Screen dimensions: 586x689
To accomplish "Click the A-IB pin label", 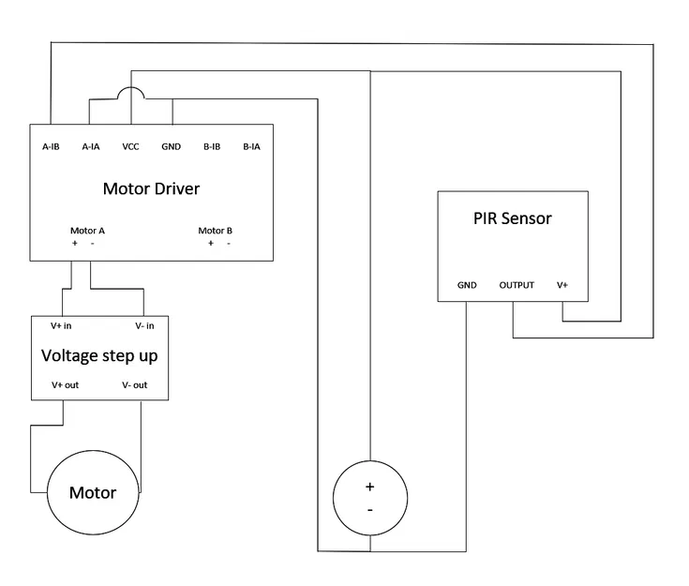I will point(51,146).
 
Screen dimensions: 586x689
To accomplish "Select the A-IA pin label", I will point(91,146).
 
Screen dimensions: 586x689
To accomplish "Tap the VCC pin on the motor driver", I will point(131,146).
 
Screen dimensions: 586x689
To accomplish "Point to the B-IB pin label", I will point(212,146).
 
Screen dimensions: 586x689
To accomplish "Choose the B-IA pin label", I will point(251,146).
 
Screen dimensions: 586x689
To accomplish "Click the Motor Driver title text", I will point(151,188).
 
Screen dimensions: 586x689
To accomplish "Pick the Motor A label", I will point(87,231).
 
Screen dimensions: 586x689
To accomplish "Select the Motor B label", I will point(216,231).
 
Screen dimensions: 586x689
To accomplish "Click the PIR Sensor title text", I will point(512,218).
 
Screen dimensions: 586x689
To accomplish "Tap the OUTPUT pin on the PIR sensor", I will point(517,285).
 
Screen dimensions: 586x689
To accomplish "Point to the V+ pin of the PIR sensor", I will point(562,285).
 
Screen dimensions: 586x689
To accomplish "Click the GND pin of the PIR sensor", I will point(467,285).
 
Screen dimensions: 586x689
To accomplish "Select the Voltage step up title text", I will point(99,356).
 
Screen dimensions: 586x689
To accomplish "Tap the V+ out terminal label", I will point(65,385).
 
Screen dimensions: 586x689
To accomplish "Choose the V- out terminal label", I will point(134,385).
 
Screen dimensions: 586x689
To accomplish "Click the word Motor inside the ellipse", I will point(93,492).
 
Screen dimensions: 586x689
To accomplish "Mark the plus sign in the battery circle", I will point(369,487).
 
